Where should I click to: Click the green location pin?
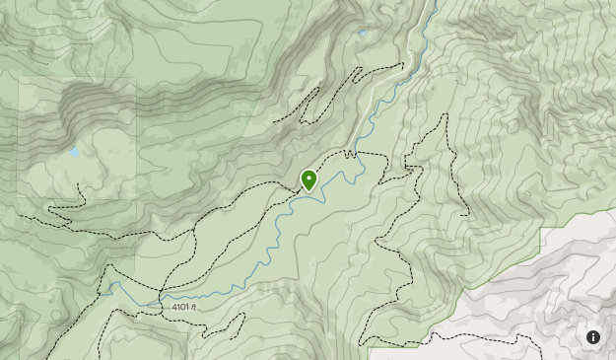coord(309,180)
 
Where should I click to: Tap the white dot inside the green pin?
coord(309,178)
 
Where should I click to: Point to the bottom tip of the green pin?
coord(309,191)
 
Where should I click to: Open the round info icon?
coord(593,337)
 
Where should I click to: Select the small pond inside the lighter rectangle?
coord(73,153)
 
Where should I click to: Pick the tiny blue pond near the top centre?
coord(362,34)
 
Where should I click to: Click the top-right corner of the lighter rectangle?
coord(135,78)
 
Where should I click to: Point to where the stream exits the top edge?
coord(434,2)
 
